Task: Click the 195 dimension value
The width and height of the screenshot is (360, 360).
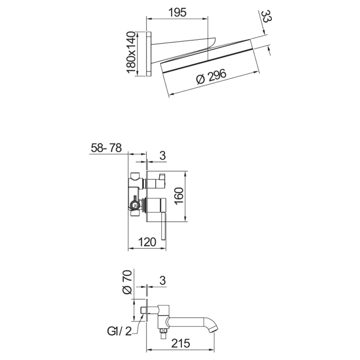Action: pyautogui.click(x=177, y=13)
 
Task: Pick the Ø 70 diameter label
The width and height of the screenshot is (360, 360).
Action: pyautogui.click(x=127, y=282)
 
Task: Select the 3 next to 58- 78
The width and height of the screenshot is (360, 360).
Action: pyautogui.click(x=163, y=155)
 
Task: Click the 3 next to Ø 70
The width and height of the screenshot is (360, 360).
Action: pyautogui.click(x=163, y=280)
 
